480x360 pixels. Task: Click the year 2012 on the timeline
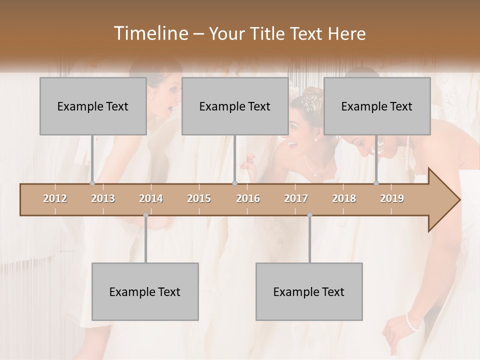(x=55, y=199)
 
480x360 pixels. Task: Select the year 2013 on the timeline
(x=103, y=199)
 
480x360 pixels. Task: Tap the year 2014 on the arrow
(x=151, y=199)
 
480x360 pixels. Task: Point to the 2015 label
(x=199, y=199)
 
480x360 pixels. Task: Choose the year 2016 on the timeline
(x=248, y=199)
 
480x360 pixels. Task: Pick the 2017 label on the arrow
(x=296, y=199)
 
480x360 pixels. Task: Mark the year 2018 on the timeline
(x=344, y=199)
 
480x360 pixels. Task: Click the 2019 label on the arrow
(x=392, y=199)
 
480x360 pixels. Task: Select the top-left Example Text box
(x=93, y=106)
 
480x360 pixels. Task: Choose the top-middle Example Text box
(x=234, y=106)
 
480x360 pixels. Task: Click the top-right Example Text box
(x=377, y=106)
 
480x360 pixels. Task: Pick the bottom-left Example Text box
(x=145, y=291)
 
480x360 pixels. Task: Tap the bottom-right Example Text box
(x=309, y=291)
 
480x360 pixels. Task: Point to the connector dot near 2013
(x=92, y=183)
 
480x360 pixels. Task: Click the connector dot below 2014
(x=145, y=215)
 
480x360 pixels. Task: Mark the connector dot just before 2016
(x=234, y=183)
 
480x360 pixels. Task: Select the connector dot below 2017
(x=309, y=215)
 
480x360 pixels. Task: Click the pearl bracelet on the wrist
(x=411, y=322)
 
